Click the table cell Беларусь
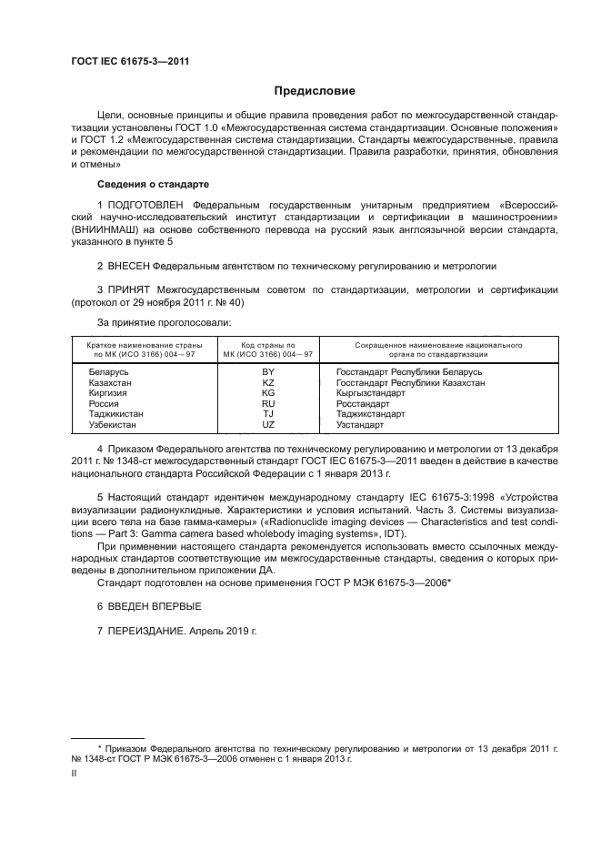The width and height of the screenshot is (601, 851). coord(109,372)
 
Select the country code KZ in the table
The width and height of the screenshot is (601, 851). coord(268,382)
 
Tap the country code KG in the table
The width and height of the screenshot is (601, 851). coord(268,392)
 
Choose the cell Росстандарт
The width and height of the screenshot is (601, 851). coord(362,402)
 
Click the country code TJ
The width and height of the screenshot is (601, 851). coord(268,413)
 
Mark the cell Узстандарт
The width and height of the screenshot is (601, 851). coord(359,424)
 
